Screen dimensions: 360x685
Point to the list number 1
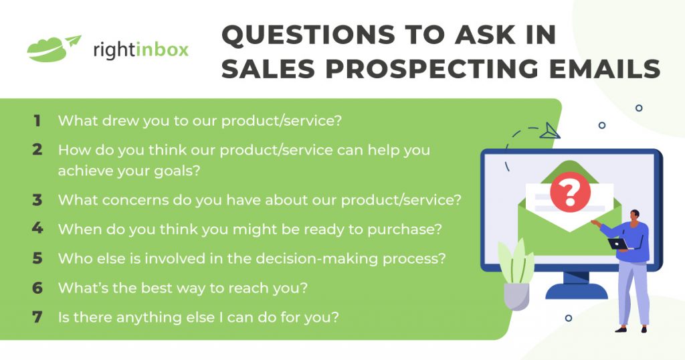pos(37,121)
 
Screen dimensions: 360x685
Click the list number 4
pos(37,228)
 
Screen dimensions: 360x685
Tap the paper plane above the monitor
pos(550,130)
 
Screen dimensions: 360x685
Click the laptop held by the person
pos(616,244)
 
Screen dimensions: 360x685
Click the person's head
pos(634,215)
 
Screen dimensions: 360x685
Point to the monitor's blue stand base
pos(576,291)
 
